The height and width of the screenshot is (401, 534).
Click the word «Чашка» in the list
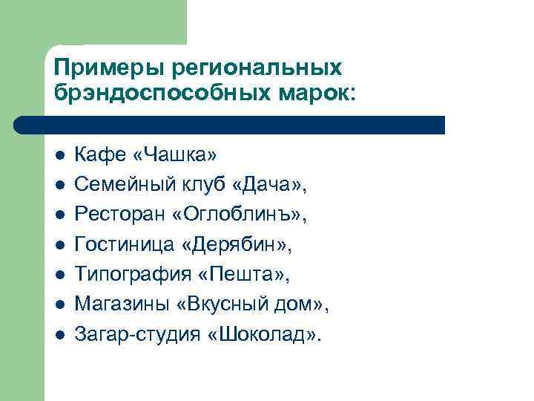click(x=174, y=154)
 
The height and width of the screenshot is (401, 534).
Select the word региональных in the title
click(x=257, y=68)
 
